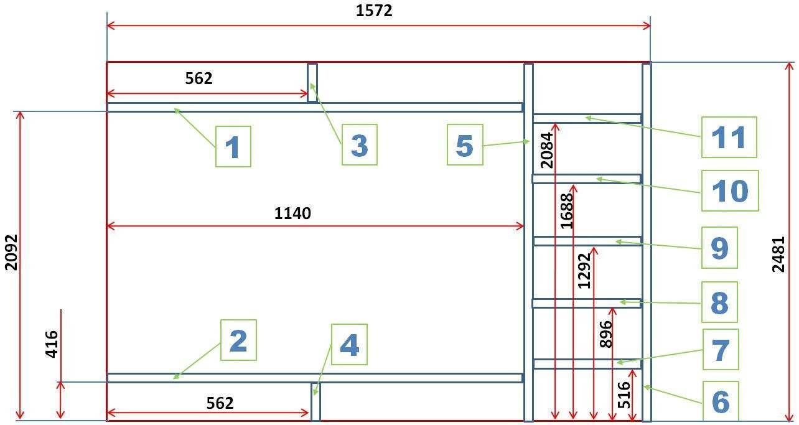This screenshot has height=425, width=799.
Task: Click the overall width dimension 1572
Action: click(374, 11)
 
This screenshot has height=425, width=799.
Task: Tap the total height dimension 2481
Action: click(778, 255)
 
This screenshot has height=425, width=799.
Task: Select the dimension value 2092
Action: click(11, 253)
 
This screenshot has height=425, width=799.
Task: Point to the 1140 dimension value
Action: click(292, 213)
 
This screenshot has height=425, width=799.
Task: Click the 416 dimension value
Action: click(52, 344)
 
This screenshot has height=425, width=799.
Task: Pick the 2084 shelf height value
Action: click(547, 150)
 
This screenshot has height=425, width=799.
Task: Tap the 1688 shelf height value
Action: click(567, 211)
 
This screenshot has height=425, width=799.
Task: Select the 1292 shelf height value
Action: click(584, 271)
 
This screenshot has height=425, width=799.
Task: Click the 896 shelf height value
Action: click(605, 334)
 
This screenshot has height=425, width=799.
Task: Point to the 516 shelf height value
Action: click(624, 395)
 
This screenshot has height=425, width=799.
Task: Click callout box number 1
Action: click(233, 146)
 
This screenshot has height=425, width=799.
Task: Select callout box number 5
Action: click(465, 145)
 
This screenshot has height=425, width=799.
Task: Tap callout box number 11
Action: click(729, 138)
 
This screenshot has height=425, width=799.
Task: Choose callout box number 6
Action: click(721, 401)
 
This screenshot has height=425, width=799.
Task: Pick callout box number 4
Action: click(349, 345)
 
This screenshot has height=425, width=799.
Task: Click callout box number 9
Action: click(719, 248)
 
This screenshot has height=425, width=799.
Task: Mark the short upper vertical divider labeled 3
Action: click(312, 83)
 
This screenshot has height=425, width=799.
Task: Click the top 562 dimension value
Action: click(199, 78)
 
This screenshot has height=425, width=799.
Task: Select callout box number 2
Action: click(238, 340)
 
